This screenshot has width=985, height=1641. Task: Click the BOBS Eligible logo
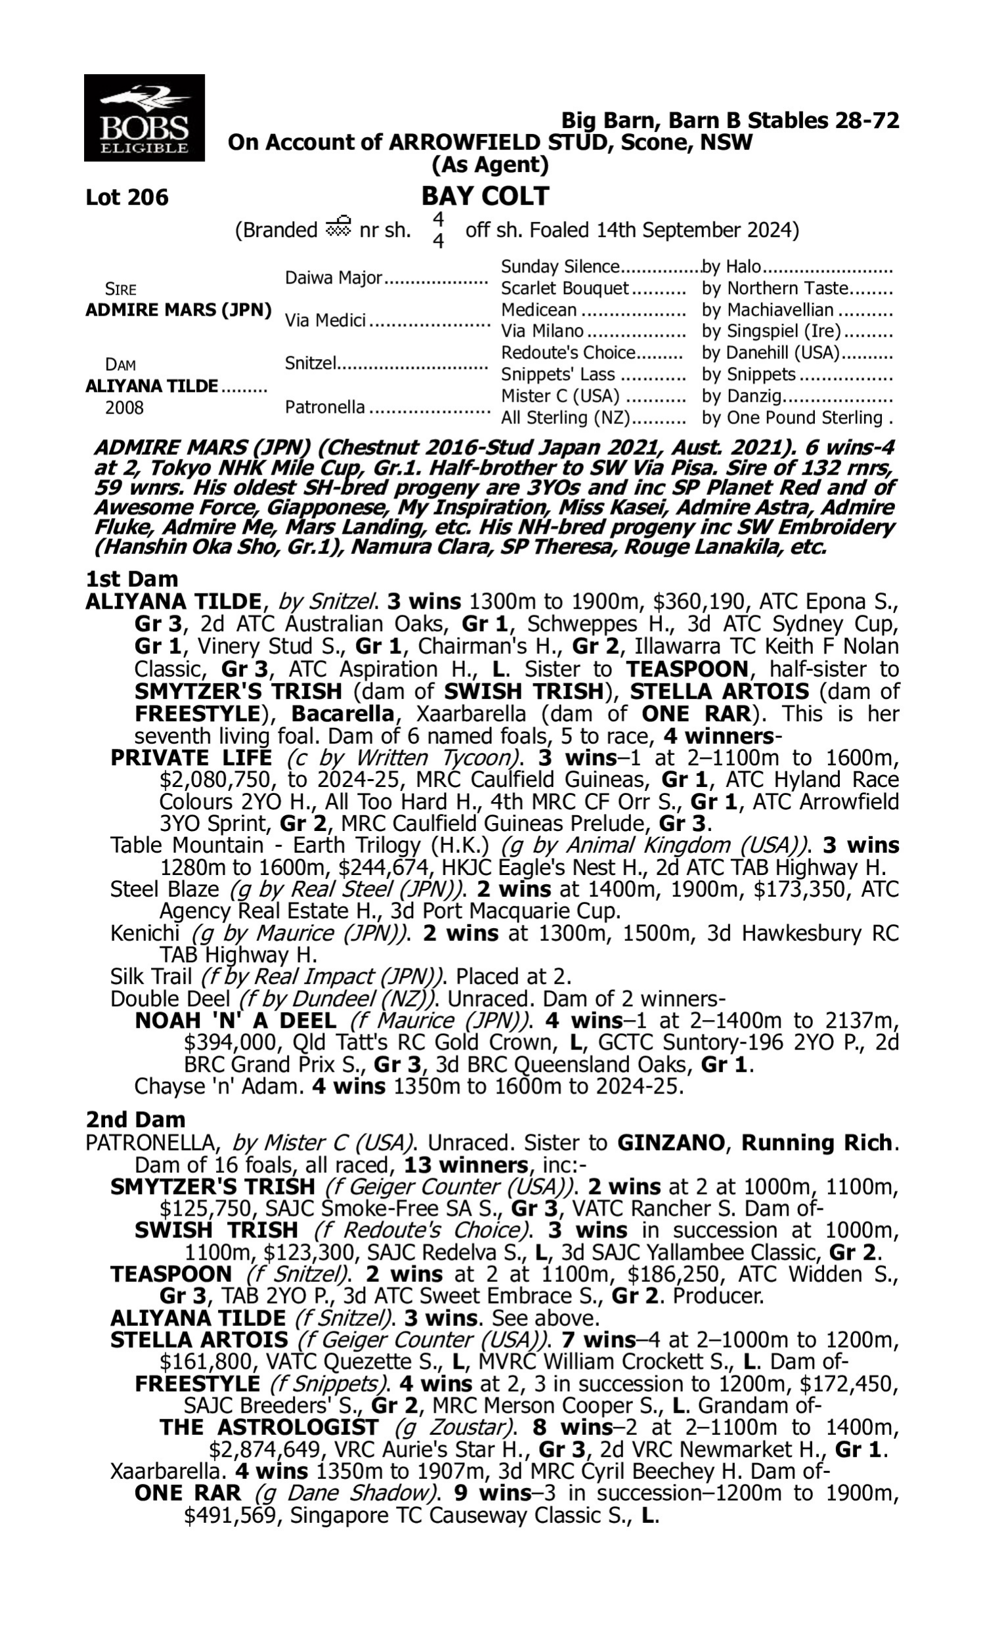point(144,118)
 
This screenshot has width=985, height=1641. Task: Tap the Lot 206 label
point(127,198)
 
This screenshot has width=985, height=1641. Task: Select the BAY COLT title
point(485,196)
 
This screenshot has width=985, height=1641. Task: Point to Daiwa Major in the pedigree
point(334,277)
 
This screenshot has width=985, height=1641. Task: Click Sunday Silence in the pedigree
point(559,266)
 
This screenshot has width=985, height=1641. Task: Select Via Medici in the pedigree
point(325,320)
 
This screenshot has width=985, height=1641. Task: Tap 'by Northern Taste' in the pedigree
point(775,288)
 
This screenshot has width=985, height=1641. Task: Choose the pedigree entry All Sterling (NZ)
point(565,418)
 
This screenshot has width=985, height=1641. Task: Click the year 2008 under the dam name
point(124,407)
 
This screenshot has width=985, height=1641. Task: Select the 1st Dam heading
point(131,579)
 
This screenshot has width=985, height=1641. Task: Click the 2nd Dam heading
point(135,1120)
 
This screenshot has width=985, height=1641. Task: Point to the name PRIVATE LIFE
point(190,757)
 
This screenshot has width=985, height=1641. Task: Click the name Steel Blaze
point(164,889)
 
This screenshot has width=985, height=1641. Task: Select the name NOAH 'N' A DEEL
point(235,1021)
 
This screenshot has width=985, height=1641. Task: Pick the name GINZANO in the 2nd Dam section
point(670,1143)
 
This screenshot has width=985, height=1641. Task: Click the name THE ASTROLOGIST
point(269,1427)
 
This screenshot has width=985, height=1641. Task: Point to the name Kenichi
point(144,933)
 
